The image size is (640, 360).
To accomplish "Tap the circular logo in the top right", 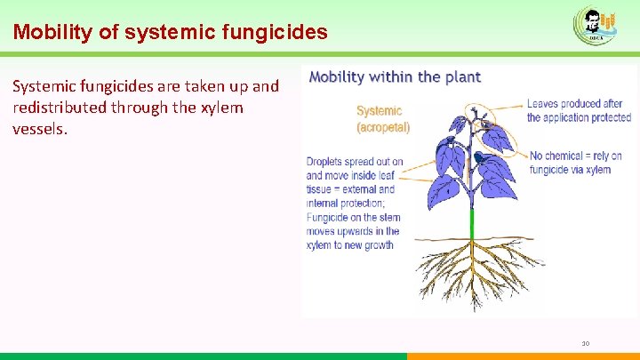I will click(593, 24).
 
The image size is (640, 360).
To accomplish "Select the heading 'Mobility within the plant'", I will click(395, 76).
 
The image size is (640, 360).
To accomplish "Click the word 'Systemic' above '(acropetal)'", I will click(379, 111).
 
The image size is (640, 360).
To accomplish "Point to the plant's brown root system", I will click(471, 267).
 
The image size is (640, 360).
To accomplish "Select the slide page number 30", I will click(585, 343).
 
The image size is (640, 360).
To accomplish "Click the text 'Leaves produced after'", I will click(575, 104).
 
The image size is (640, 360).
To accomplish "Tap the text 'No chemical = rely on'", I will click(575, 156).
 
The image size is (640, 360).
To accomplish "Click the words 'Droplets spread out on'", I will click(355, 162).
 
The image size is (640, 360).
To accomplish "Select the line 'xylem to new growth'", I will click(349, 244).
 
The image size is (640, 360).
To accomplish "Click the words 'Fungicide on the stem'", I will click(353, 217).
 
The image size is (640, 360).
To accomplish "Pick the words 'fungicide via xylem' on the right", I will click(570, 170).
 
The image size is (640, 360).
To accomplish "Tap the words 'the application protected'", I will click(579, 117).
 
